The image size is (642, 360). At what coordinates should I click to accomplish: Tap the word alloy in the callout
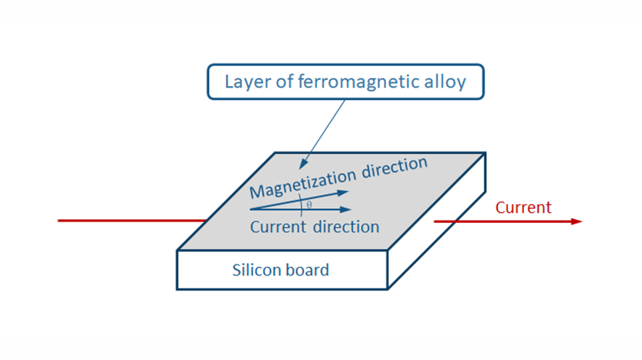447,81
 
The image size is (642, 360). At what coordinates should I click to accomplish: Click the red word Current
523,207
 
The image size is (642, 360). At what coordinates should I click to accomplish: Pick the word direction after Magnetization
392,167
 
